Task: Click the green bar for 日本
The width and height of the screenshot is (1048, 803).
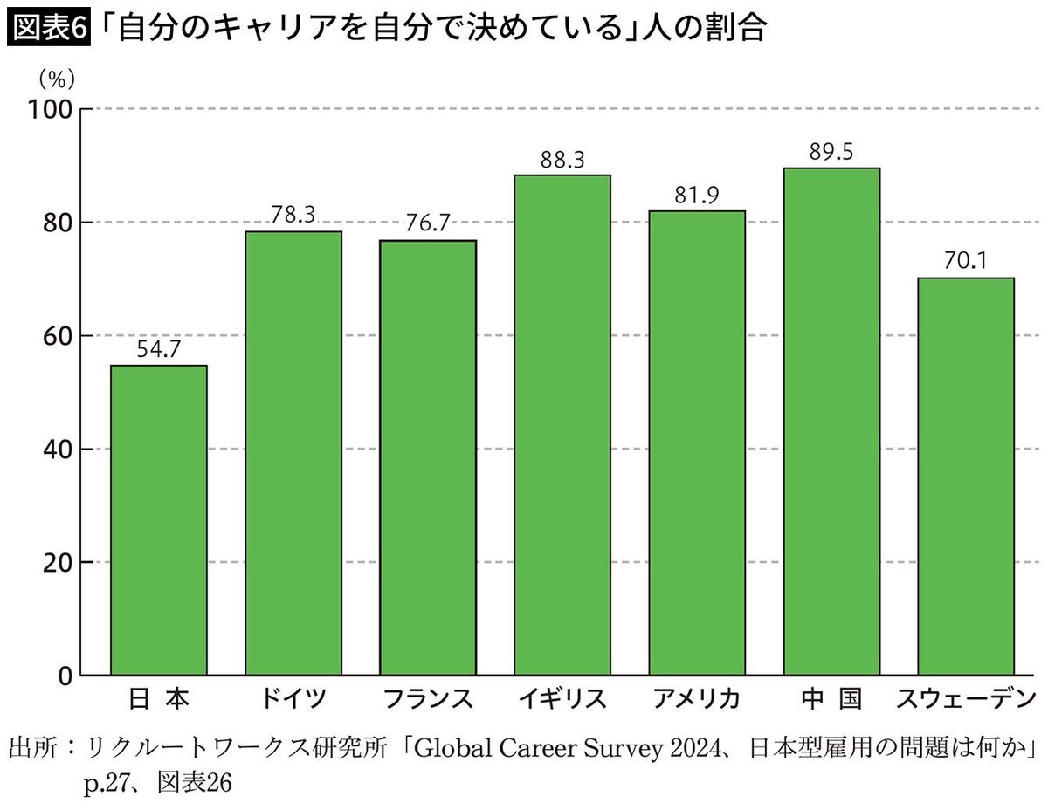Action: click(x=158, y=520)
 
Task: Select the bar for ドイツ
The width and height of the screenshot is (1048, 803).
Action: click(x=293, y=453)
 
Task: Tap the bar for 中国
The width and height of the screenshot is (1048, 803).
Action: click(x=831, y=422)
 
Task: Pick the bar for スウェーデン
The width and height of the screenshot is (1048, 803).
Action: click(x=966, y=477)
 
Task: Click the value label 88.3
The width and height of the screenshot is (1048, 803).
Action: click(x=562, y=161)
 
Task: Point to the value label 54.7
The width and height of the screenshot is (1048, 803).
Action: click(x=158, y=351)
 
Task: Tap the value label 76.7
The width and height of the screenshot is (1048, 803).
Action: click(x=427, y=225)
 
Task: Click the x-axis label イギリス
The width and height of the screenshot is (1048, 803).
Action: click(x=562, y=699)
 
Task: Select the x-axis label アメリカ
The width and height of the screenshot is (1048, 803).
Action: click(x=696, y=699)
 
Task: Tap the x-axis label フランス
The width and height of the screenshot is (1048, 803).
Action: click(x=427, y=699)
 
